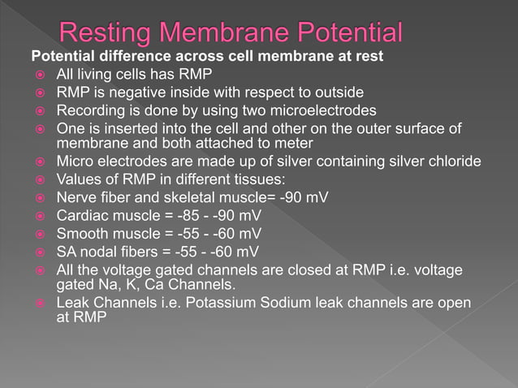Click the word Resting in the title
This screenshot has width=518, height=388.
click(x=113, y=34)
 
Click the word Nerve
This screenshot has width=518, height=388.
click(x=75, y=196)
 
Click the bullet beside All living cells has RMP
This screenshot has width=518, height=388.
click(x=38, y=75)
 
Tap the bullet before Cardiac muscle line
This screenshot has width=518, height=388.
click(x=38, y=215)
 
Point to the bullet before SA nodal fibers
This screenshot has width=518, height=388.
click(x=38, y=251)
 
